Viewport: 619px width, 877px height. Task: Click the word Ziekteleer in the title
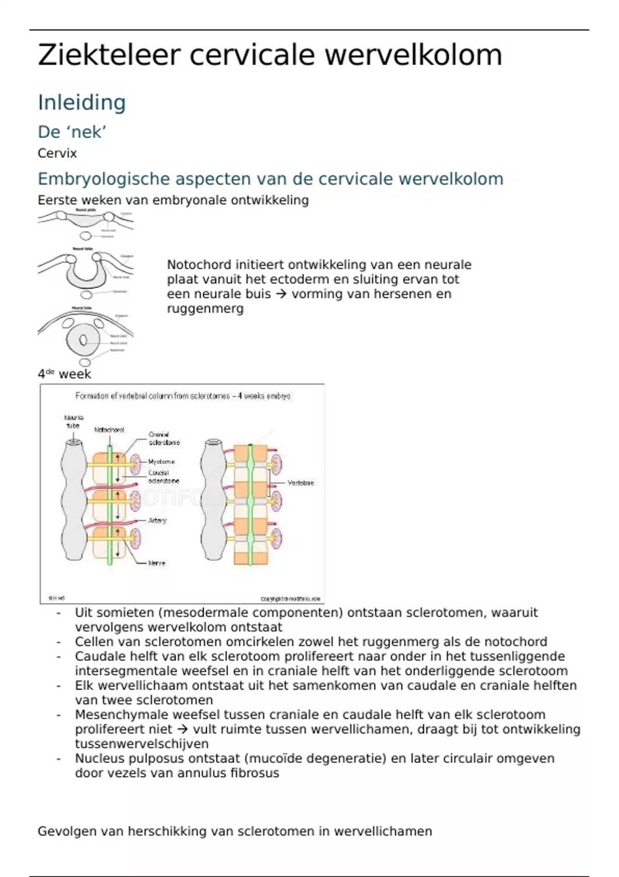[x=109, y=55]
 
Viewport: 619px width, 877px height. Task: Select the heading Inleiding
[x=82, y=102]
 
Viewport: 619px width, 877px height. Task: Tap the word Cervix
[x=57, y=153]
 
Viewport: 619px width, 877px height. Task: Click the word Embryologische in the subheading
[x=104, y=178]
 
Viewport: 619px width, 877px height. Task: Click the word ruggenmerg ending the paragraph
[x=205, y=308]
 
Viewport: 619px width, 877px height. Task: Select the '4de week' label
[x=64, y=374]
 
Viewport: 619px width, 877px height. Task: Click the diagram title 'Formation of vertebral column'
[x=183, y=396]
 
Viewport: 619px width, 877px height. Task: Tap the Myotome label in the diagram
[x=161, y=462]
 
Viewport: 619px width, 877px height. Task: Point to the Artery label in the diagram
[x=157, y=520]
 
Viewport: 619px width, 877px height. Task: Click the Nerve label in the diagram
[x=157, y=563]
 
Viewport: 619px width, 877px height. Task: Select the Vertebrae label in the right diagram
[x=301, y=483]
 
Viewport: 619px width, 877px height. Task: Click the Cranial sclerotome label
[x=164, y=438]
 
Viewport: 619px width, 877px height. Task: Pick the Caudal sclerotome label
[x=164, y=477]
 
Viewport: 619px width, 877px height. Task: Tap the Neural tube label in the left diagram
[x=73, y=421]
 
